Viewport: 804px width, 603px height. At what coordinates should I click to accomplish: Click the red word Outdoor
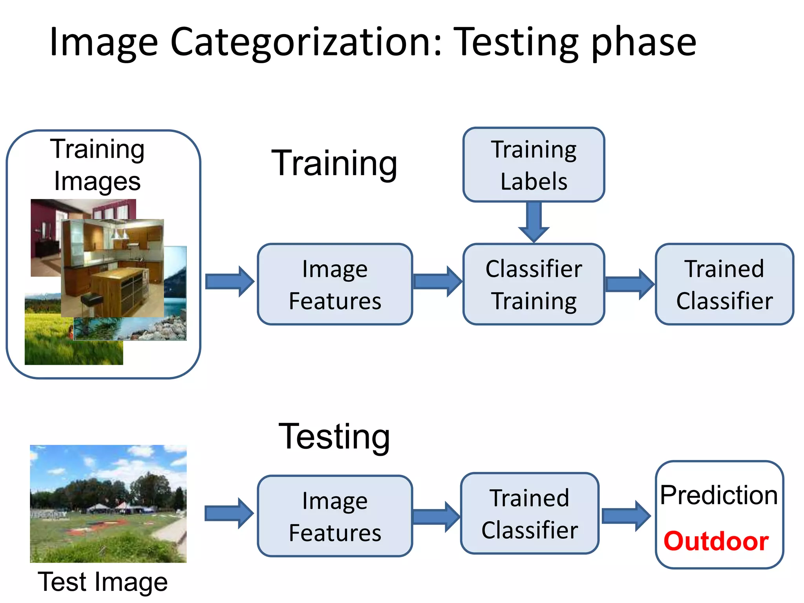tap(716, 541)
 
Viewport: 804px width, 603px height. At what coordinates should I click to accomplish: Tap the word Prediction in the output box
tap(718, 495)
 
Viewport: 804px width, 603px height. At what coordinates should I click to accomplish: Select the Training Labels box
tap(534, 165)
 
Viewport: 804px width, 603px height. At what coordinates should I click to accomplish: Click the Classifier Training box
tap(534, 284)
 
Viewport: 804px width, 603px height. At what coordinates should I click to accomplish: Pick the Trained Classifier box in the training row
tap(724, 284)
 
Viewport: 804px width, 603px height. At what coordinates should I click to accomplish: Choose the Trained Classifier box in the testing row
tap(530, 513)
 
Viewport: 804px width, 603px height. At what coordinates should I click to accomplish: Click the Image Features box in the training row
tap(335, 284)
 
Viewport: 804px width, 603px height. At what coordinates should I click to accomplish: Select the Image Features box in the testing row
tap(335, 516)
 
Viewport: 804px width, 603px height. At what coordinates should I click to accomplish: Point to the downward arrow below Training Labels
tap(534, 222)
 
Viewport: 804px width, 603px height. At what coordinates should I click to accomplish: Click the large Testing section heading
tap(334, 437)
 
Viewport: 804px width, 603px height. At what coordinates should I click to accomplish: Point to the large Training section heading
tap(334, 163)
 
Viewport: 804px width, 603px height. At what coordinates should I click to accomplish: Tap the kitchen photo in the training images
tap(113, 268)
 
